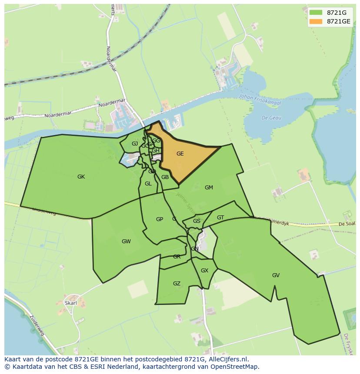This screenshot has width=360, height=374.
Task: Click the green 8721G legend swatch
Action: (x=316, y=13)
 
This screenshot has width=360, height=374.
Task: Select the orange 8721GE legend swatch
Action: (x=316, y=21)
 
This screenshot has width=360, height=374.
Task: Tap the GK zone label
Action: (x=81, y=177)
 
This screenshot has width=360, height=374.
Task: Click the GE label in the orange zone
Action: (x=180, y=154)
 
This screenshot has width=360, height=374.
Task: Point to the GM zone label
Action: (x=209, y=188)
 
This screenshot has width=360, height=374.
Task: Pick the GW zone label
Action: (x=126, y=242)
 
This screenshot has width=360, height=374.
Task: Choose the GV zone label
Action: (x=276, y=275)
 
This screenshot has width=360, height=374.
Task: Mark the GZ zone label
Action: (x=177, y=284)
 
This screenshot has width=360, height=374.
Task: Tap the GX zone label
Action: (x=204, y=271)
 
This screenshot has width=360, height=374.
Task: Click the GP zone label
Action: (x=160, y=219)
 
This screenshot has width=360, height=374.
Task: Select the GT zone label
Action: (x=220, y=218)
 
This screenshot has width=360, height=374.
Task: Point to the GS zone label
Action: (x=197, y=221)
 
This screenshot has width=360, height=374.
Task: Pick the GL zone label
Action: (x=148, y=184)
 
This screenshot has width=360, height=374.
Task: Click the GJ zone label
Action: (x=135, y=144)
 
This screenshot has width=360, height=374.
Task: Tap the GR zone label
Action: (x=177, y=257)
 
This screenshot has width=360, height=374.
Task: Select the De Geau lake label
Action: (x=271, y=118)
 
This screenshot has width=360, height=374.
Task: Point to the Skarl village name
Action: (x=70, y=303)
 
